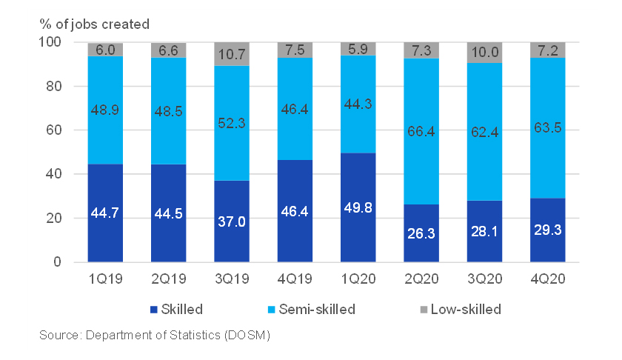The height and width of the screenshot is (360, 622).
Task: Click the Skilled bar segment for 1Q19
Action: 105,213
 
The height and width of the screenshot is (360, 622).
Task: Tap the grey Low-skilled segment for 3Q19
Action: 232,54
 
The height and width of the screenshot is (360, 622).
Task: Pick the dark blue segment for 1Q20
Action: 358,207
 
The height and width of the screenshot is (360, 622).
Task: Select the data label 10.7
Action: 232,54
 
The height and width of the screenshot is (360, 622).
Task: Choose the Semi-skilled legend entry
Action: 311,309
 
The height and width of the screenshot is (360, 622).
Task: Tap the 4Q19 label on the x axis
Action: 295,282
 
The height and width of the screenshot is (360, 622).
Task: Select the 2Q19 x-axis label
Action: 168,282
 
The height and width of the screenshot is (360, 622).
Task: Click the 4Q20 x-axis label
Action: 548,282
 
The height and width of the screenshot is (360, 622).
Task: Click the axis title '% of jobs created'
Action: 94,24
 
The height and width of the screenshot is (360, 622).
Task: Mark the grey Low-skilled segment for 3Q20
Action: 484,53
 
